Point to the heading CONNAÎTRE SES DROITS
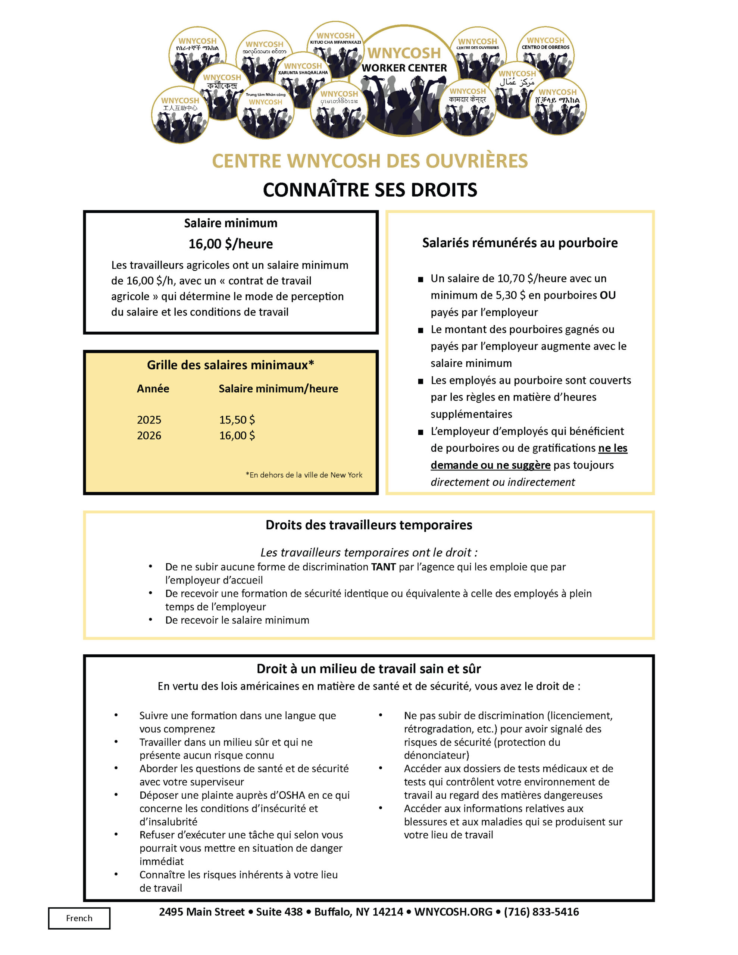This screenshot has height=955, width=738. [x=370, y=190]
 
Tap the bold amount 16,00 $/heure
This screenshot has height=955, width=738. [x=231, y=244]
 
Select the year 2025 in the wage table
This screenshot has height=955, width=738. [x=149, y=420]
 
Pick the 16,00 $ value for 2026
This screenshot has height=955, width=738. [x=237, y=435]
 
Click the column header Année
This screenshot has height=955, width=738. [x=153, y=389]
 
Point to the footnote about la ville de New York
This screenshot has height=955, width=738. [x=304, y=475]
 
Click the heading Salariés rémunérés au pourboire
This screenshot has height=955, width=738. [x=520, y=243]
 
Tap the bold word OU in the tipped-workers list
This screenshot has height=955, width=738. [x=608, y=295]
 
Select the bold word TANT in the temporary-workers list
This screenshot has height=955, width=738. [x=383, y=567]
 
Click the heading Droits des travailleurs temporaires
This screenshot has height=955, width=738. [x=369, y=525]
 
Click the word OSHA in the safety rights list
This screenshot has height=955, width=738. [x=292, y=795]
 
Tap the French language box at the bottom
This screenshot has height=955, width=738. [x=79, y=918]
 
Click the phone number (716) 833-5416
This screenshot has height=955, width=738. [x=541, y=912]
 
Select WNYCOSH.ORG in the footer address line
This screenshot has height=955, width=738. [x=453, y=912]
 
